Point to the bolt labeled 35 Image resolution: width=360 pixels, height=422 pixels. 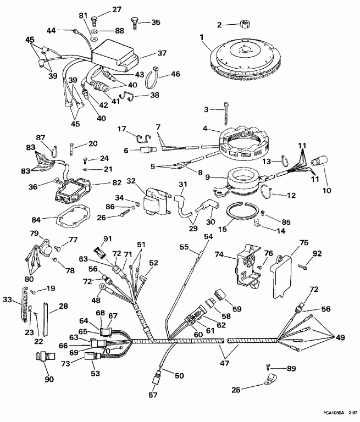click(x=134, y=23)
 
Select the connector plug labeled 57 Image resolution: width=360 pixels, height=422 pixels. click(x=155, y=378)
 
